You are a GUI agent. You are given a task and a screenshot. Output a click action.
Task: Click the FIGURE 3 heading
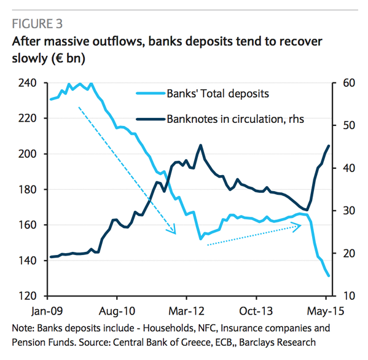[x=37, y=24]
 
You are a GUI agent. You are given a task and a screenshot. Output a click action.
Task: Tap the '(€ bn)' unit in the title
[x=68, y=58]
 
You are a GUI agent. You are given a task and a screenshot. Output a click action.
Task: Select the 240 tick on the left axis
[x=27, y=83]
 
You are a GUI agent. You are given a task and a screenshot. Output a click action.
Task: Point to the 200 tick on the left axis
[x=27, y=154]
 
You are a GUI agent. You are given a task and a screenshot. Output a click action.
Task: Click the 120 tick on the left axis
[x=27, y=296]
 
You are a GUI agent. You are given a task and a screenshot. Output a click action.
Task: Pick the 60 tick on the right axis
[x=349, y=83]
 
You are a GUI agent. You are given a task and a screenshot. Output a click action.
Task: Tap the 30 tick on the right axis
[x=349, y=211]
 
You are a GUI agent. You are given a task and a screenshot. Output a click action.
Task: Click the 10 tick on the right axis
[x=349, y=296]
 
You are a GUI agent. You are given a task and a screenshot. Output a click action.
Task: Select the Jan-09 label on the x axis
[x=47, y=311]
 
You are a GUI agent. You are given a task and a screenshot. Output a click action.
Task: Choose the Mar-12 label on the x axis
[x=186, y=311]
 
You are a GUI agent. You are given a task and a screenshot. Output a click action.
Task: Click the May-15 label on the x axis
[x=325, y=311]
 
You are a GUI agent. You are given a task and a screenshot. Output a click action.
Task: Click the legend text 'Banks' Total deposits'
[x=218, y=93]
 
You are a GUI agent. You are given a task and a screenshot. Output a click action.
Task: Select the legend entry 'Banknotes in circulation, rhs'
[x=235, y=119]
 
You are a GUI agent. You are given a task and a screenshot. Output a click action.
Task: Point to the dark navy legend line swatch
[x=151, y=119]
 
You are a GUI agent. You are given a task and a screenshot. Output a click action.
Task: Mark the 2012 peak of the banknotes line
[x=201, y=145]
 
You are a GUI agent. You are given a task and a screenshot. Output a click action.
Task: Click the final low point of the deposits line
[x=329, y=276]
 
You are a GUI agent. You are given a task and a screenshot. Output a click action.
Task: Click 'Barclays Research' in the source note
[x=278, y=342]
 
